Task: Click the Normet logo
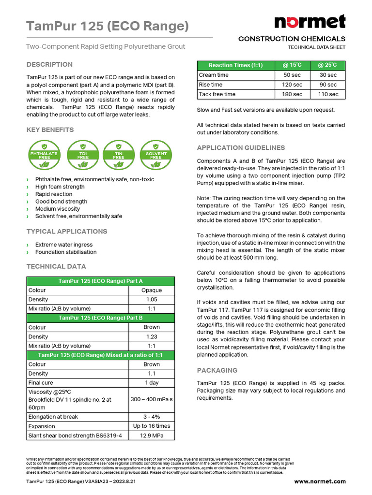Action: click(x=310, y=22)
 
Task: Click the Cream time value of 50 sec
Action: click(x=293, y=75)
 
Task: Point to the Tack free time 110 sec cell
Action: click(x=328, y=94)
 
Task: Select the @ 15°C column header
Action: click(x=293, y=65)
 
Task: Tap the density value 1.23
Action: click(x=152, y=336)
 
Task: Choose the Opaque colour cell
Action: click(x=152, y=291)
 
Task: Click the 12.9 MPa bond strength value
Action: click(x=152, y=436)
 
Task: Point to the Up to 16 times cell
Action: click(x=152, y=426)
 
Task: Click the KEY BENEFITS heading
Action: click(x=50, y=130)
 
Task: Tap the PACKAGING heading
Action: click(x=217, y=370)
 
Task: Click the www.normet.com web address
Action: click(x=320, y=481)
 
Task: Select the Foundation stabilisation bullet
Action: click(x=66, y=252)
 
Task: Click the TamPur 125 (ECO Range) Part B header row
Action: click(x=100, y=318)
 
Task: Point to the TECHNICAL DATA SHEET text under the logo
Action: click(x=316, y=47)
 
